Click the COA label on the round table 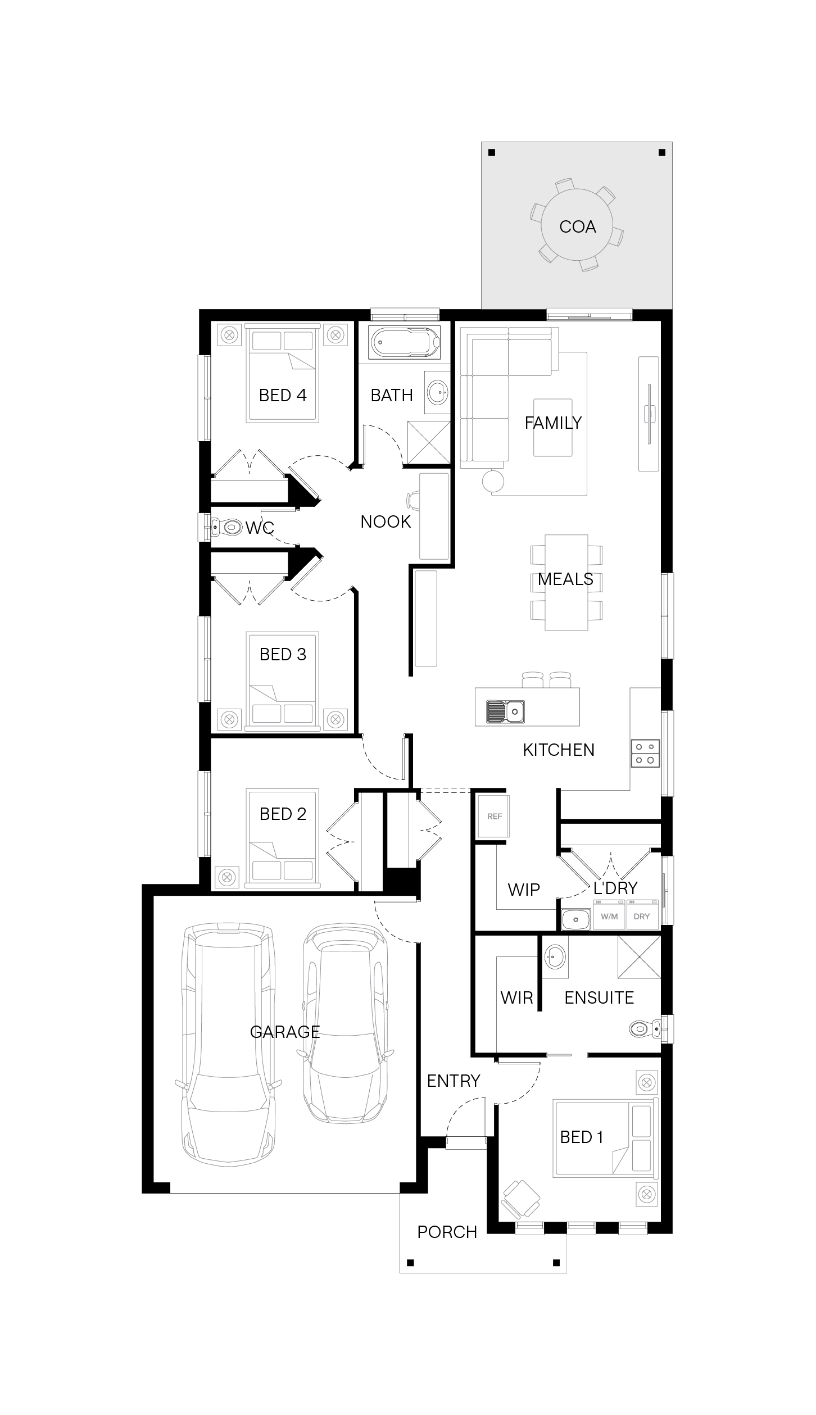[x=577, y=226]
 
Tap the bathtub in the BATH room [x=405, y=342]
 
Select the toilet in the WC [x=225, y=527]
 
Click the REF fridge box [x=494, y=816]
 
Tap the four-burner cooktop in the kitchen [x=645, y=752]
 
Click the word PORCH [x=447, y=1232]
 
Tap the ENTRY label [x=454, y=1081]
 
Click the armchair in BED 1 [x=520, y=1198]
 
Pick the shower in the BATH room [x=428, y=442]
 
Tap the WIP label [x=524, y=890]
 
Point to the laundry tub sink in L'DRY [x=575, y=920]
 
